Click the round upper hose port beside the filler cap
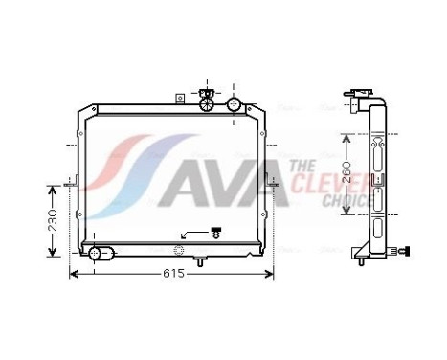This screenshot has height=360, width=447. point(233,104)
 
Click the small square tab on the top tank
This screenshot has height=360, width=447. point(179,97)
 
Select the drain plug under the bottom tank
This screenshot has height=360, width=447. point(199,260)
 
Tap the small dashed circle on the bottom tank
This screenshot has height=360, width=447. point(178,251)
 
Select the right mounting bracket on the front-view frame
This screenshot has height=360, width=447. point(276,183)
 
